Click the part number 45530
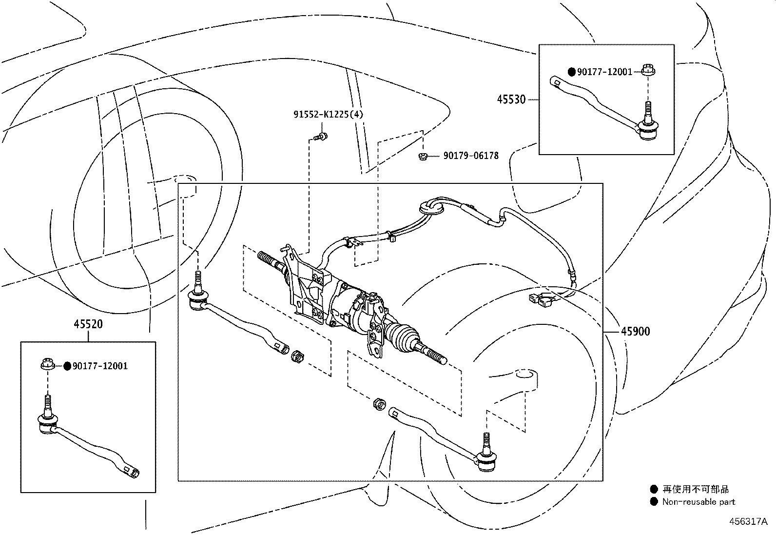(x=511, y=99)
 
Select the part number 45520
(x=88, y=324)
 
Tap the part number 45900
(x=635, y=332)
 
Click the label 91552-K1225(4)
(x=328, y=115)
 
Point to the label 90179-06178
(x=471, y=156)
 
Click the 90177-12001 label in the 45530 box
(x=605, y=72)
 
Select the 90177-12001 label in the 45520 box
(x=100, y=366)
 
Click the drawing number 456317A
(x=748, y=521)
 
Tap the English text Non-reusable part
(x=698, y=502)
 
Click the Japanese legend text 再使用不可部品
(x=696, y=489)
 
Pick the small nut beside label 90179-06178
(x=422, y=157)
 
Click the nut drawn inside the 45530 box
(x=647, y=70)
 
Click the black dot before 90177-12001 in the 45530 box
(x=572, y=72)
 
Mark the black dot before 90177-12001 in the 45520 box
(x=67, y=366)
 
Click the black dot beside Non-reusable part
(x=654, y=502)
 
